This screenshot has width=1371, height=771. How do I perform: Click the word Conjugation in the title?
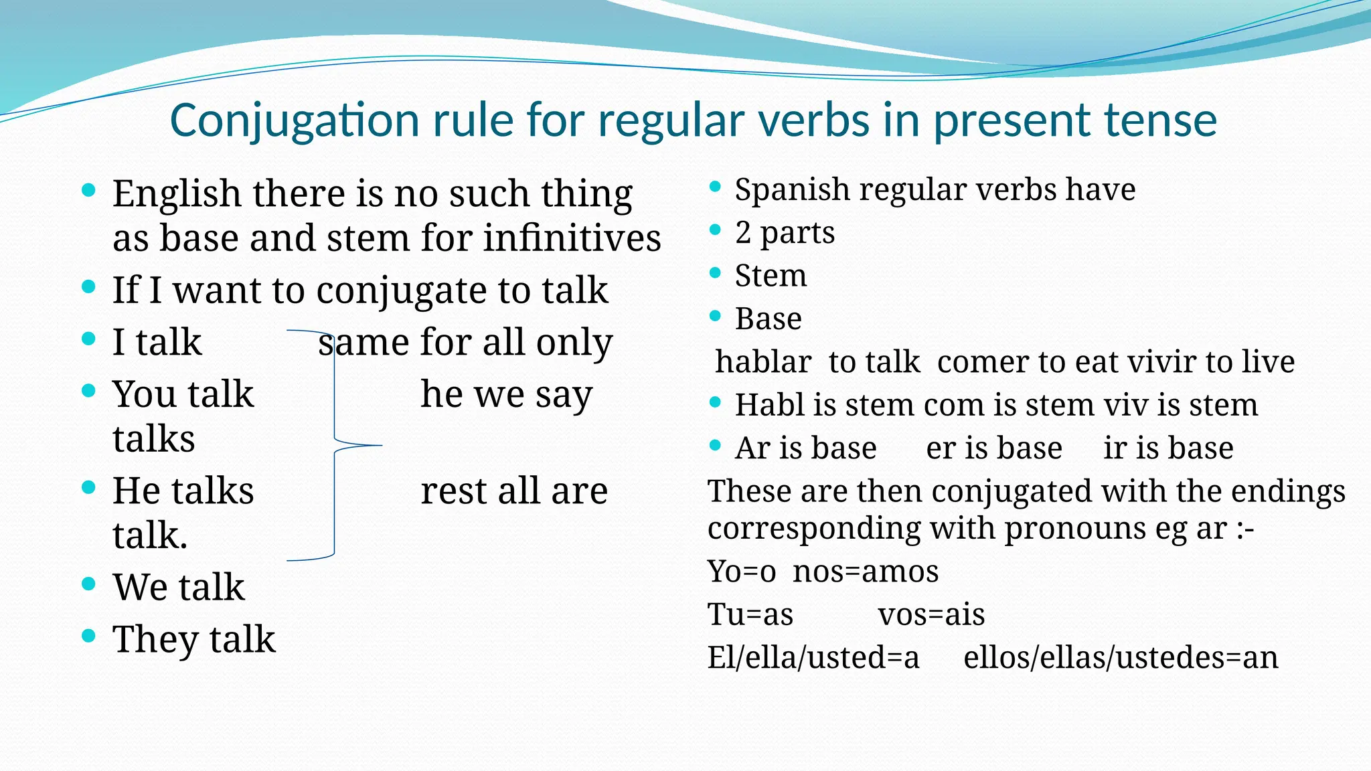295,122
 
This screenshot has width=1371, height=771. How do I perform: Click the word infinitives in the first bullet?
572,238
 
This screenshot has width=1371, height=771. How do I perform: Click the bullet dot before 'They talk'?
88,635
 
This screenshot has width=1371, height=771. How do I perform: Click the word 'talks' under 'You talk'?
153,439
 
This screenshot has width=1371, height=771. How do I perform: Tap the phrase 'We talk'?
178,588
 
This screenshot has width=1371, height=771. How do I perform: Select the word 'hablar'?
763,362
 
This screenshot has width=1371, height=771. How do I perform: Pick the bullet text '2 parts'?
785,233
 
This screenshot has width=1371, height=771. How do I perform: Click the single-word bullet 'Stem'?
771,276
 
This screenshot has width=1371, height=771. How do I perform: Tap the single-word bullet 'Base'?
768,319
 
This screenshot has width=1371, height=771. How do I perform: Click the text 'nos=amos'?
866,572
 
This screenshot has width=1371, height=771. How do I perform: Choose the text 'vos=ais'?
931,614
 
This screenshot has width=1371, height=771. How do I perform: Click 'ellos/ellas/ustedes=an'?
1121,657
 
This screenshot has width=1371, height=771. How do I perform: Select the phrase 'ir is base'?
1168,448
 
